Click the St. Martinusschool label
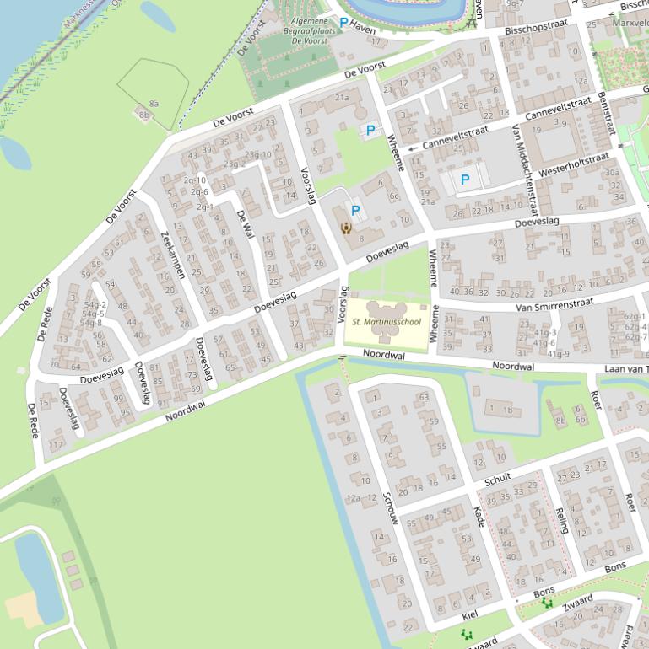[x=386, y=322]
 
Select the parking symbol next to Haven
[x=343, y=22]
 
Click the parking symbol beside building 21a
[x=370, y=130]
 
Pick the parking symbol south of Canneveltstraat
[x=464, y=179]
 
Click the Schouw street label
[x=388, y=508]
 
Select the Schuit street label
[x=498, y=479]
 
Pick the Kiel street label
[x=471, y=616]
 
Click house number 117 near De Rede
[x=56, y=444]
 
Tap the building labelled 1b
[x=507, y=410]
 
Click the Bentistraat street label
[x=605, y=113]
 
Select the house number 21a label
[x=342, y=98]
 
